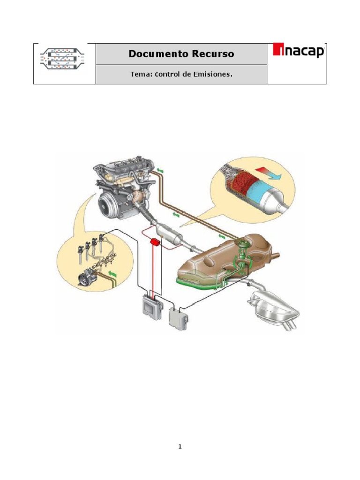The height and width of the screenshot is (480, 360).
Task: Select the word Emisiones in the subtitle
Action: click(210, 74)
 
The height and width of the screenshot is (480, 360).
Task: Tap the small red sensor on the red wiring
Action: click(155, 243)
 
